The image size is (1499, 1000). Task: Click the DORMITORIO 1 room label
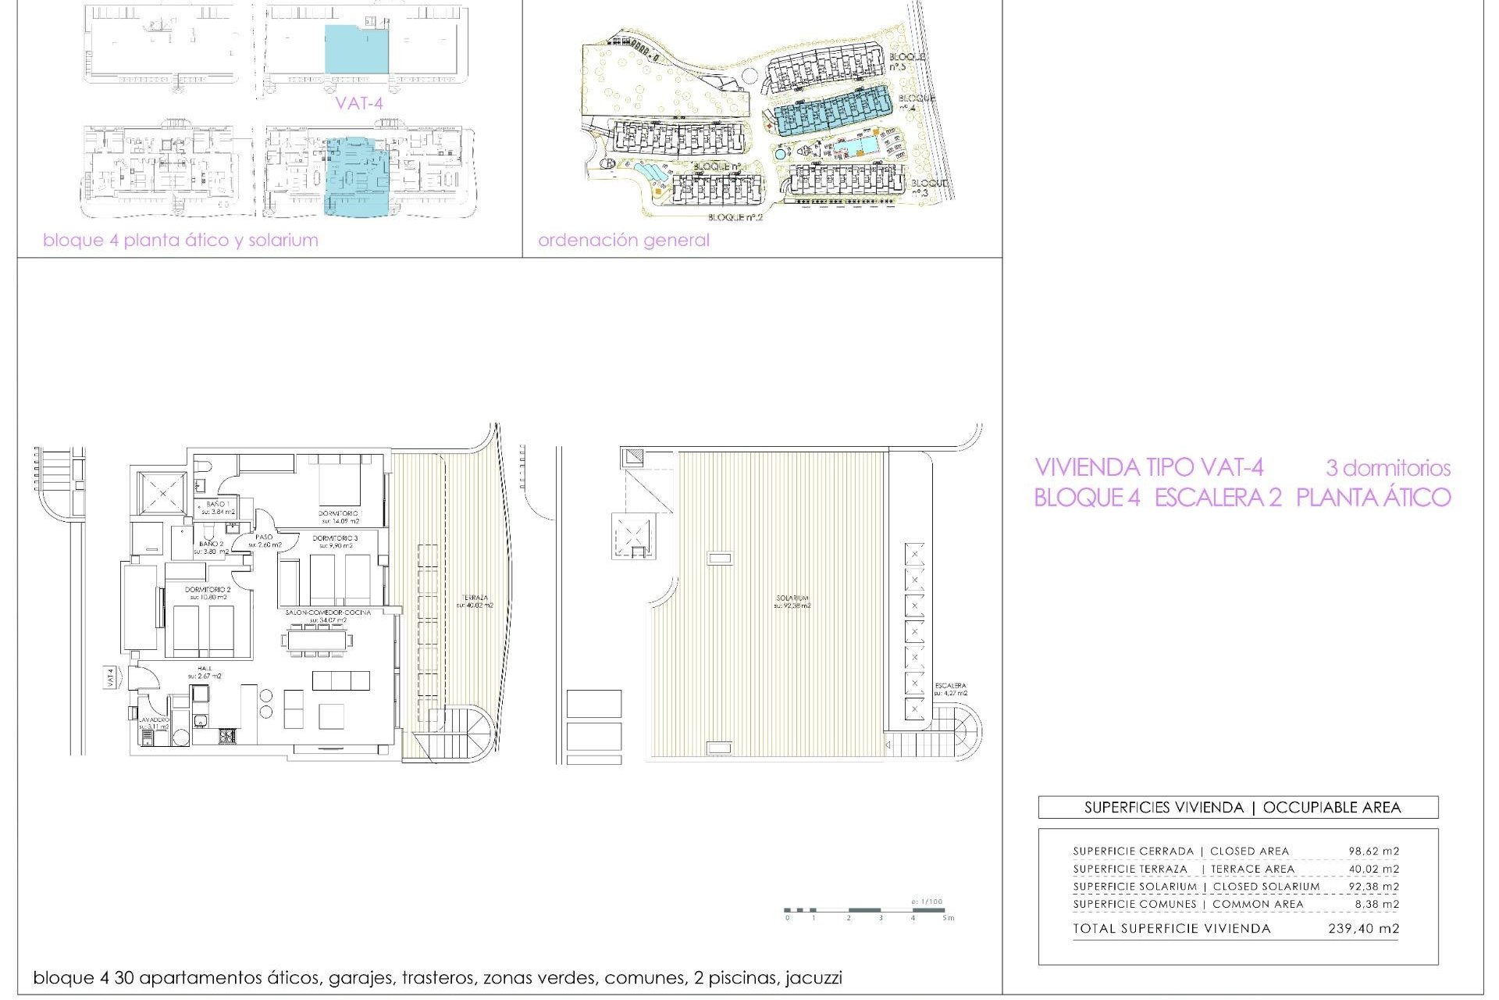(340, 513)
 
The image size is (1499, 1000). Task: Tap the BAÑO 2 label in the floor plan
(211, 544)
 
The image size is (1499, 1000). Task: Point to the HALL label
(205, 669)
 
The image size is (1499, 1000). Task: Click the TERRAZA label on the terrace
(474, 598)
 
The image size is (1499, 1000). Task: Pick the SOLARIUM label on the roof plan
(792, 598)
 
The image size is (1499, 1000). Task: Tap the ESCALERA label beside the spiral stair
(950, 686)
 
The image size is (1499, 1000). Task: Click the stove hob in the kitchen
(226, 735)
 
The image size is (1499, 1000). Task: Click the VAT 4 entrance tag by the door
(110, 677)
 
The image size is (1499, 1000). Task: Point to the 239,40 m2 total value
(1363, 929)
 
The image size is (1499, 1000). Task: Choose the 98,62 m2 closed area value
(1373, 852)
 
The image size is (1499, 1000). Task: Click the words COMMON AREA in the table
(1258, 904)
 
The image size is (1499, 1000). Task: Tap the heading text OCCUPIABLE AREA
(1331, 808)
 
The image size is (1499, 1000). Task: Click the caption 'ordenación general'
(623, 241)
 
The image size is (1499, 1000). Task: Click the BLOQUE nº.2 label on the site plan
(735, 217)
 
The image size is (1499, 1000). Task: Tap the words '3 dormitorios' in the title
(1387, 469)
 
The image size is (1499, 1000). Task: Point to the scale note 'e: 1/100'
(927, 902)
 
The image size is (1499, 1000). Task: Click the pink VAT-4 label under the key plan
(359, 103)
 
